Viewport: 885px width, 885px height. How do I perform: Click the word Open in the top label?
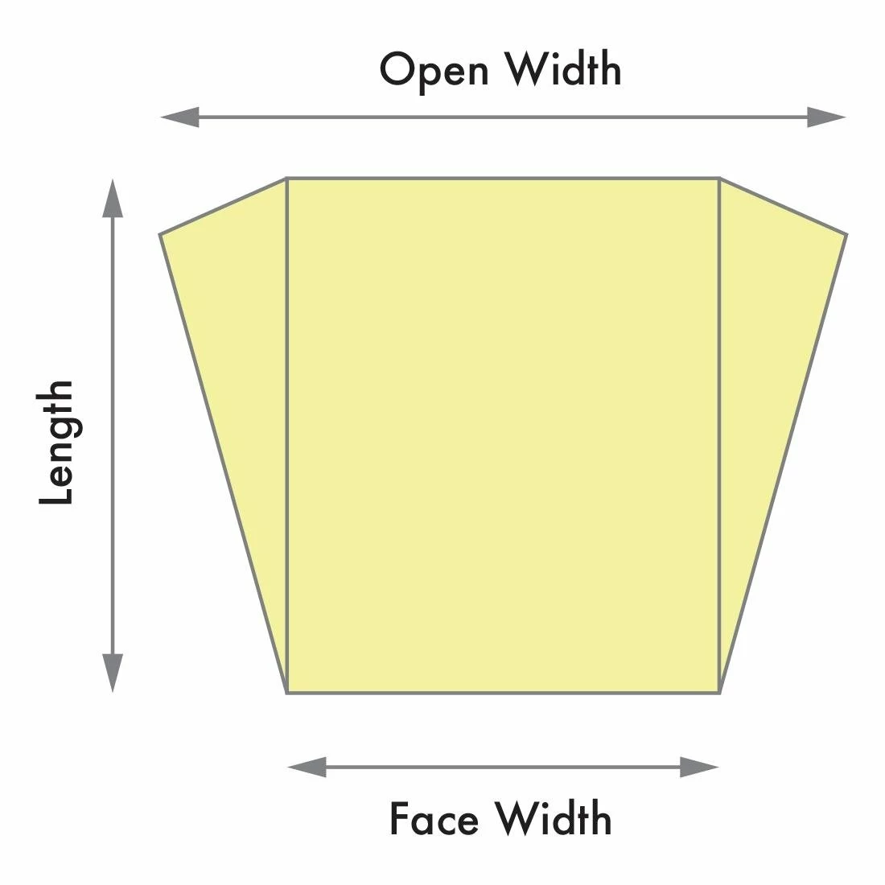click(x=434, y=71)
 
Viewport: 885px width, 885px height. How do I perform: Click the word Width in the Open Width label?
click(x=562, y=68)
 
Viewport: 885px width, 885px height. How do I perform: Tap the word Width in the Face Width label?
click(x=554, y=818)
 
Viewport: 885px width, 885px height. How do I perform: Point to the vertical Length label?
click(x=56, y=442)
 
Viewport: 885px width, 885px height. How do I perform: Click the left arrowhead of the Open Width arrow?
click(x=180, y=117)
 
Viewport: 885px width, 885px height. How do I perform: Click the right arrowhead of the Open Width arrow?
click(x=826, y=117)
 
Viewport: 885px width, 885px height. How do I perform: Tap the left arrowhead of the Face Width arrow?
click(x=307, y=767)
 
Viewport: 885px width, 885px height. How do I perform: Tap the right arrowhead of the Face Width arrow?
click(x=699, y=767)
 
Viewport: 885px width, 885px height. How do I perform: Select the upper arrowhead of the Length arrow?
click(x=113, y=198)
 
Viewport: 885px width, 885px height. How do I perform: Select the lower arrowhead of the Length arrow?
click(x=113, y=673)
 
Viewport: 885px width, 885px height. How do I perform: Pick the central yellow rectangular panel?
click(x=504, y=436)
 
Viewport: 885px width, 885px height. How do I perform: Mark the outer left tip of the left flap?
click(x=160, y=234)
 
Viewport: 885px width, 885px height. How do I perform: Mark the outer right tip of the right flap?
click(x=846, y=234)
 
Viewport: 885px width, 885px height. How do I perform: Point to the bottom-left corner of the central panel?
click(x=287, y=693)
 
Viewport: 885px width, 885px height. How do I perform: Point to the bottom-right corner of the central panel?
click(x=719, y=693)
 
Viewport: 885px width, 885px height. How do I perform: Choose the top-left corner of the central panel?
click(x=287, y=179)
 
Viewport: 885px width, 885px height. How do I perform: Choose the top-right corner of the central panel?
click(x=719, y=179)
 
